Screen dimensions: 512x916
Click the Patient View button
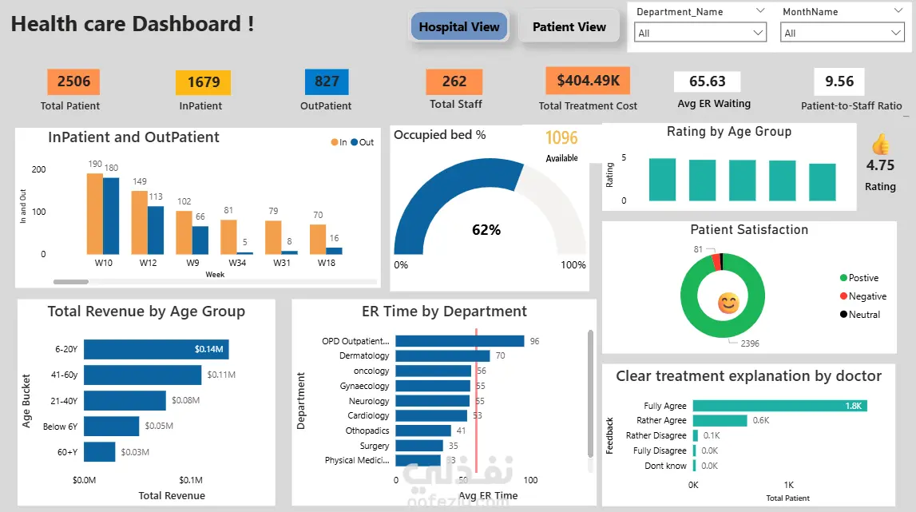click(569, 26)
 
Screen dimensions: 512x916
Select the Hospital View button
click(459, 26)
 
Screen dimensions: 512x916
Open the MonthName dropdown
click(842, 33)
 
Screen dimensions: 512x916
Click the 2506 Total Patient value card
click(73, 81)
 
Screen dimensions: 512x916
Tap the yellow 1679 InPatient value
click(203, 82)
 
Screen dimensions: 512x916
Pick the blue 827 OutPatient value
click(327, 81)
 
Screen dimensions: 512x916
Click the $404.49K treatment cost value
click(588, 81)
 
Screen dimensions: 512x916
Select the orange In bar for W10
click(95, 213)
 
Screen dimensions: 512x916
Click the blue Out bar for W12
click(156, 230)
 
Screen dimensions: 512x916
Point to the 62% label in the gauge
click(486, 230)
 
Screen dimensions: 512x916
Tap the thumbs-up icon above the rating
click(880, 144)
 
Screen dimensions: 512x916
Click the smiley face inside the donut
click(728, 303)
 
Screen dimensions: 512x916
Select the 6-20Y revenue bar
click(157, 349)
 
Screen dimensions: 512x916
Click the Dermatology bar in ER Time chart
click(442, 355)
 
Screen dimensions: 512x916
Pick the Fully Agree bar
click(779, 406)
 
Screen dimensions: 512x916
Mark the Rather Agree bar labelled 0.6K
click(720, 420)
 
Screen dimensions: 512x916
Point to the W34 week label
click(237, 263)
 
